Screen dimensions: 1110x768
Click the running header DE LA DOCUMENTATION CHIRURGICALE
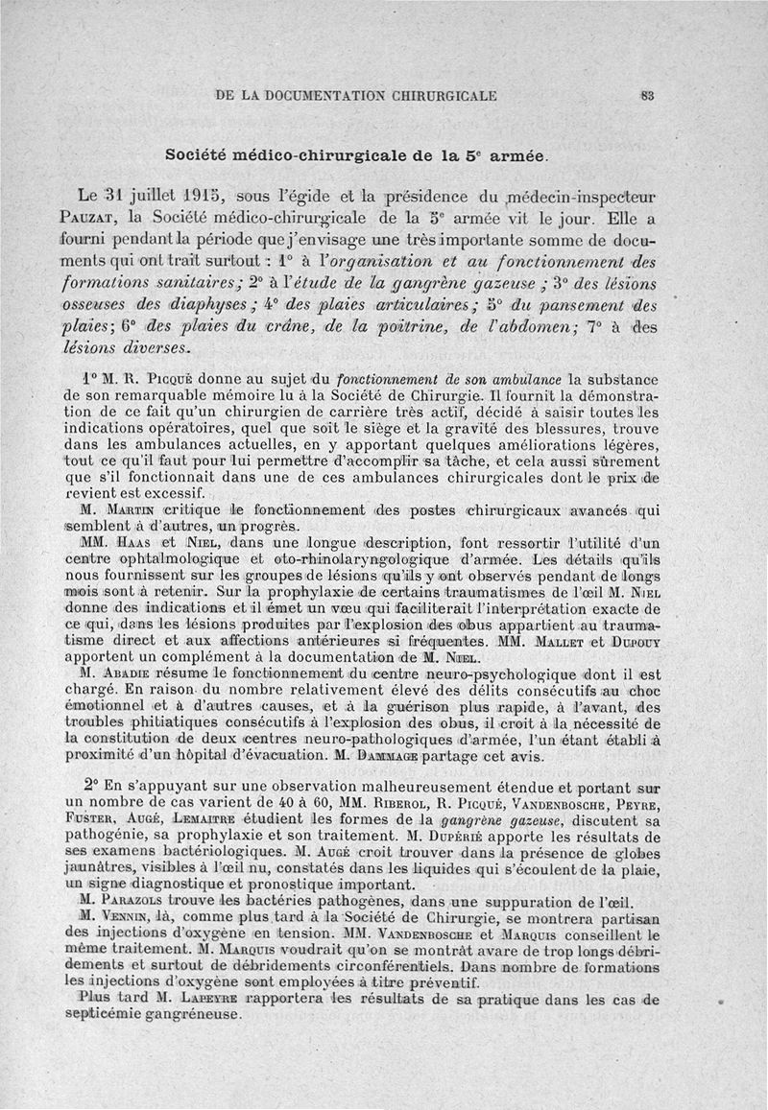click(x=357, y=95)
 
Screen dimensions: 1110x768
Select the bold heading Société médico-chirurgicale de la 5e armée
click(x=356, y=154)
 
